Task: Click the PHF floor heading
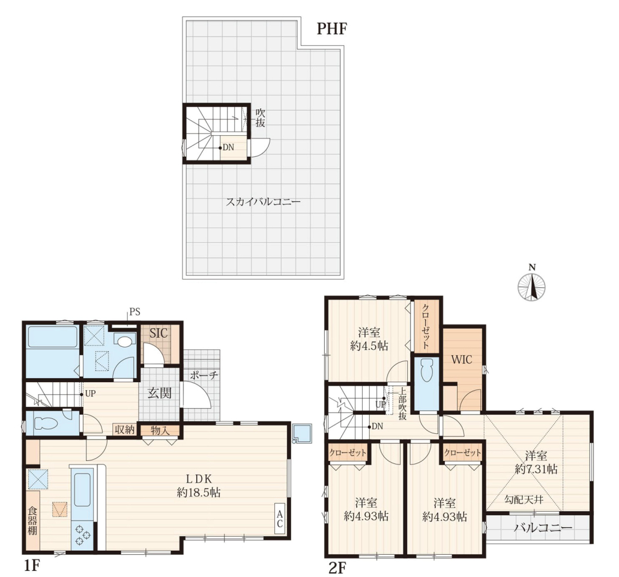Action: coord(331,28)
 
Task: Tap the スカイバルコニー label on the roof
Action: coord(263,202)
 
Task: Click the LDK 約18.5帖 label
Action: coord(199,486)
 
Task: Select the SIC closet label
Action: coord(159,333)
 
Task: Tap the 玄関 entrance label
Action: coord(160,393)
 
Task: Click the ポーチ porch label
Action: coord(204,376)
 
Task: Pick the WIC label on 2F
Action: coord(462,359)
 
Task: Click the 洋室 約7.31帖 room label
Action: coord(536,462)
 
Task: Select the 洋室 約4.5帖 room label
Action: coord(369,339)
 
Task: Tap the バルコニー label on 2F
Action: coord(543,528)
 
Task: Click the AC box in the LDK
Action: coord(280,519)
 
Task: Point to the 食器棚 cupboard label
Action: coord(32,520)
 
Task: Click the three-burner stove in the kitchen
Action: coord(82,535)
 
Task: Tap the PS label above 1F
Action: coord(134,312)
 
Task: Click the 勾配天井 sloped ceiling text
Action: coord(524,499)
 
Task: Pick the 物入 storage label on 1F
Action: coord(160,430)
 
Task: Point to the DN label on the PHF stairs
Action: coord(228,147)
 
